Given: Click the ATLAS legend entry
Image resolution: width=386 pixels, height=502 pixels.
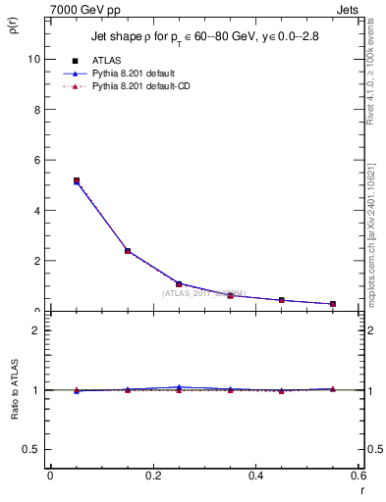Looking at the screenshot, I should pyautogui.click(x=103, y=60).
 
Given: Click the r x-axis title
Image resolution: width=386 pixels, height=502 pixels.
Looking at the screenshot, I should pyautogui.click(x=361, y=489).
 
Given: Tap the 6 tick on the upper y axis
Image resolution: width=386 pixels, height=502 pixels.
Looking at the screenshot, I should pyautogui.click(x=36, y=160).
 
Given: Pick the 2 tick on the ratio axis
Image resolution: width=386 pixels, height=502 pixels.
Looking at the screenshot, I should pyautogui.click(x=36, y=330).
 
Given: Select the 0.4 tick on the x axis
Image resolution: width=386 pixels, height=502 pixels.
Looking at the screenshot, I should pyautogui.click(x=255, y=476).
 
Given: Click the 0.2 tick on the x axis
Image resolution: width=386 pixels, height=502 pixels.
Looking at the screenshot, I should pyautogui.click(x=152, y=476).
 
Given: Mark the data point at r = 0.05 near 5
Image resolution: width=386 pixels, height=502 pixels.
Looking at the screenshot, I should pyautogui.click(x=77, y=180).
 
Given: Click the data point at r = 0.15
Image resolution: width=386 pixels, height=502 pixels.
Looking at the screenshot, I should pyautogui.click(x=128, y=251).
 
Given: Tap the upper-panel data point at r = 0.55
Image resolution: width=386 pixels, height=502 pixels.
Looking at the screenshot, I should pyautogui.click(x=333, y=304).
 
